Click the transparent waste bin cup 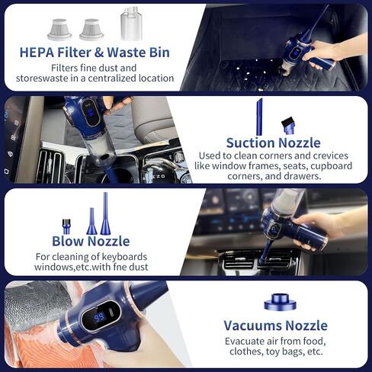131,24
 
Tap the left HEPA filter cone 59,30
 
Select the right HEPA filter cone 91,30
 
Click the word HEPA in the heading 37,53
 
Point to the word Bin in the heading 159,53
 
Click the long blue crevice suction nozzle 259,117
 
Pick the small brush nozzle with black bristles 288,125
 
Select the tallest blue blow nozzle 105,213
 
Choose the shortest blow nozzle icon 66,226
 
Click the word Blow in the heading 68,241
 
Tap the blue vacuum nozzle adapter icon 280,302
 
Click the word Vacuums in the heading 252,325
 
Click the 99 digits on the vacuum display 99,317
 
